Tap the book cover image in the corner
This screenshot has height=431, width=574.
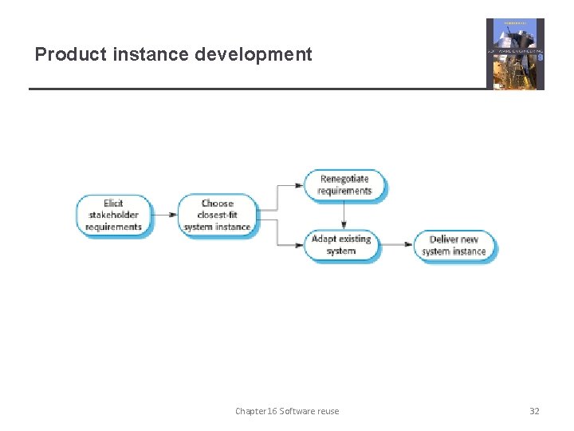pyautogui.click(x=515, y=53)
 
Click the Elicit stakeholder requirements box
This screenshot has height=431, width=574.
pyautogui.click(x=113, y=215)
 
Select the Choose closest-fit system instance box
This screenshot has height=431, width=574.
pyautogui.click(x=217, y=215)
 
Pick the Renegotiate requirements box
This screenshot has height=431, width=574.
pyautogui.click(x=344, y=185)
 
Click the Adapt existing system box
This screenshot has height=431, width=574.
pyautogui.click(x=341, y=244)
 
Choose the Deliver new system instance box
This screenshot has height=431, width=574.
pyautogui.click(x=454, y=245)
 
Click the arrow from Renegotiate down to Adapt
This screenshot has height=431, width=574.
pyautogui.click(x=344, y=215)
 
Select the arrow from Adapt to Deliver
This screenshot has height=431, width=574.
pyautogui.click(x=396, y=245)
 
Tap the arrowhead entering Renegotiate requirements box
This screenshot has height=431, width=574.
pyautogui.click(x=301, y=185)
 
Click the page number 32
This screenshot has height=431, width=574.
pyautogui.click(x=534, y=411)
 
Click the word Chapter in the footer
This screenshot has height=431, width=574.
pyautogui.click(x=250, y=411)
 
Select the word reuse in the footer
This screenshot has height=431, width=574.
pyautogui.click(x=327, y=411)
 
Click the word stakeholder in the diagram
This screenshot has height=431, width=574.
pyautogui.click(x=113, y=215)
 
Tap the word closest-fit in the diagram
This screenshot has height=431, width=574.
pyautogui.click(x=217, y=215)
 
